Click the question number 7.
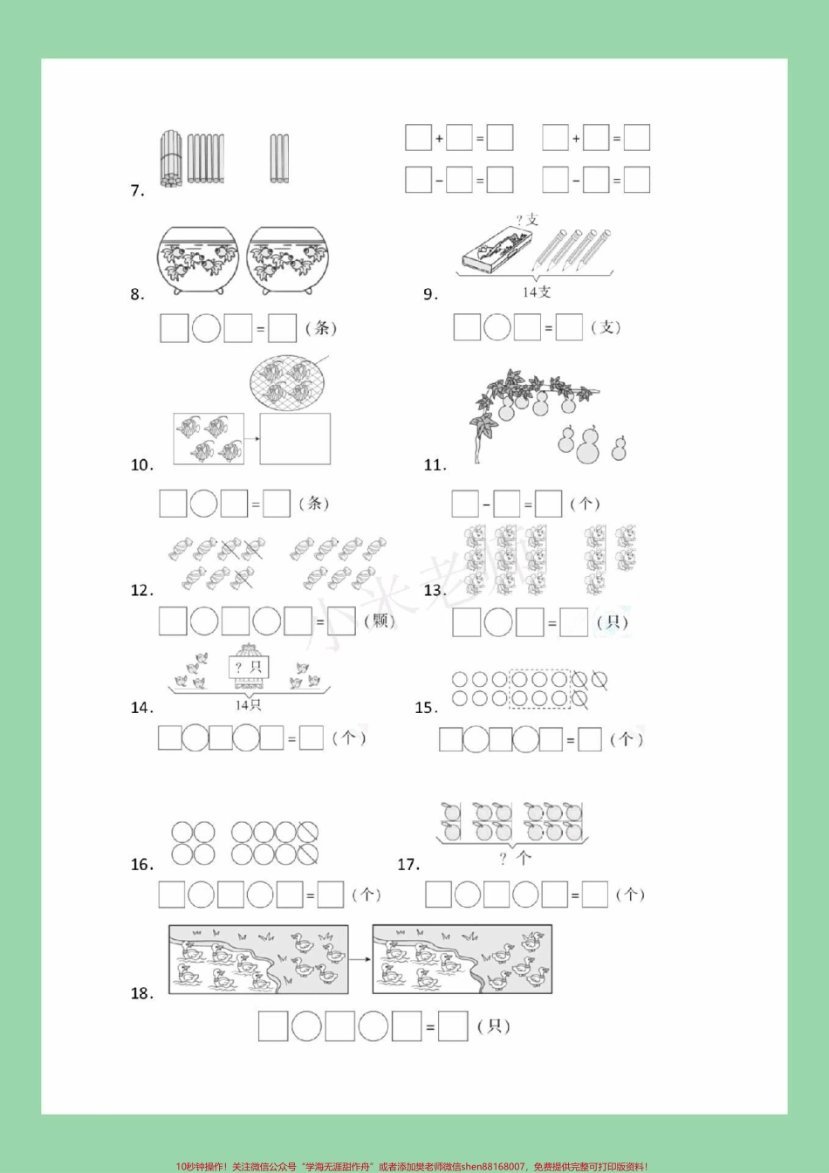(x=137, y=191)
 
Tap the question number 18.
(x=141, y=993)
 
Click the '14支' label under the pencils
(x=537, y=292)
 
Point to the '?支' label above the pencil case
(x=527, y=220)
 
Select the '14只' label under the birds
(x=248, y=704)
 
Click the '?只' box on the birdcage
(x=248, y=668)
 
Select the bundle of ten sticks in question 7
(x=172, y=158)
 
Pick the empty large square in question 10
(x=295, y=439)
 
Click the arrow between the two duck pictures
(x=360, y=957)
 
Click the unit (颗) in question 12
(x=380, y=621)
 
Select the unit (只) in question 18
(x=494, y=1026)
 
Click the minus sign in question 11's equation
(x=486, y=504)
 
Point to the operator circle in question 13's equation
(x=498, y=622)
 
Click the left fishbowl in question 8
(x=198, y=260)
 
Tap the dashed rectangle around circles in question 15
(x=539, y=689)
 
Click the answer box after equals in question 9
(x=569, y=327)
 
